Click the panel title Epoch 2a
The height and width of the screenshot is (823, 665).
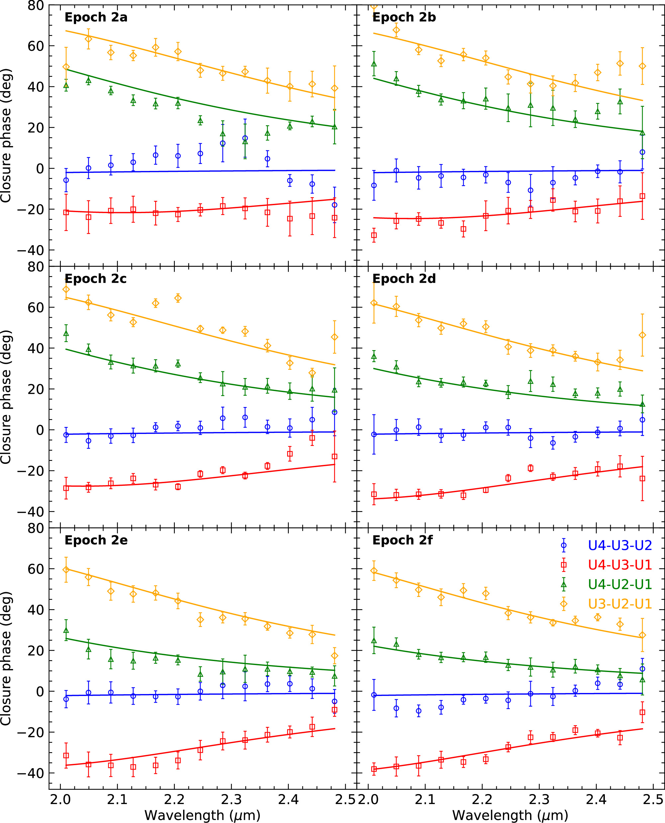96,18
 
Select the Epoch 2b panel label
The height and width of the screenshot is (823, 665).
404,18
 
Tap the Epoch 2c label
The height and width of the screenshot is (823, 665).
95,279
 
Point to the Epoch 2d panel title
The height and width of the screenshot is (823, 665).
404,279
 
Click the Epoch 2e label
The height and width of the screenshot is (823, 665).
96,540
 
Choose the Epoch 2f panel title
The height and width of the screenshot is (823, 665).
402,540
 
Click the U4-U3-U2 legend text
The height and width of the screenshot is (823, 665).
620,545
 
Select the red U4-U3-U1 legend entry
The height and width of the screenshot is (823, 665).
620,565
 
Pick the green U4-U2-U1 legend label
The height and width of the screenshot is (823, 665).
620,584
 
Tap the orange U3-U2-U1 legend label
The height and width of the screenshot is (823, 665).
620,604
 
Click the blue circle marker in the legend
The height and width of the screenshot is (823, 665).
564,545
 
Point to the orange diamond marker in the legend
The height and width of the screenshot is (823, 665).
564,604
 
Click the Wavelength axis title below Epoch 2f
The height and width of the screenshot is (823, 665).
510,815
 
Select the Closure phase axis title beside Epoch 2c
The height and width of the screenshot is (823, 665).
6,397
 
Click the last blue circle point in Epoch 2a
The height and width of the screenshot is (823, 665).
334,205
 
